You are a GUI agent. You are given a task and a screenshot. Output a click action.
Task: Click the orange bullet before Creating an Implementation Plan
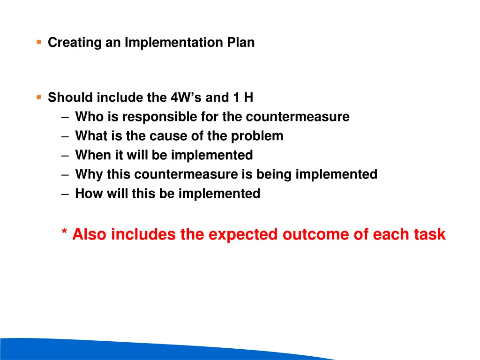pyautogui.click(x=39, y=42)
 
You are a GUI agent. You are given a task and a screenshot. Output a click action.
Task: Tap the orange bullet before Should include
pyautogui.click(x=39, y=97)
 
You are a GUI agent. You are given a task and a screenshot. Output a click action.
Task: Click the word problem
pyautogui.click(x=257, y=136)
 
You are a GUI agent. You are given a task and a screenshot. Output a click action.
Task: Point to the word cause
pyautogui.click(x=167, y=136)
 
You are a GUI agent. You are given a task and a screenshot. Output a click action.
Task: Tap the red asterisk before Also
pyautogui.click(x=64, y=233)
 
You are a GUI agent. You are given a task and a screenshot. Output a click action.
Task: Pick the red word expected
pyautogui.click(x=243, y=234)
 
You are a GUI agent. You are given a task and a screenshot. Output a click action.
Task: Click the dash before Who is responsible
pyautogui.click(x=65, y=117)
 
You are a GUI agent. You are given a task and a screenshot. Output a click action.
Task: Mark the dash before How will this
pyautogui.click(x=65, y=194)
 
